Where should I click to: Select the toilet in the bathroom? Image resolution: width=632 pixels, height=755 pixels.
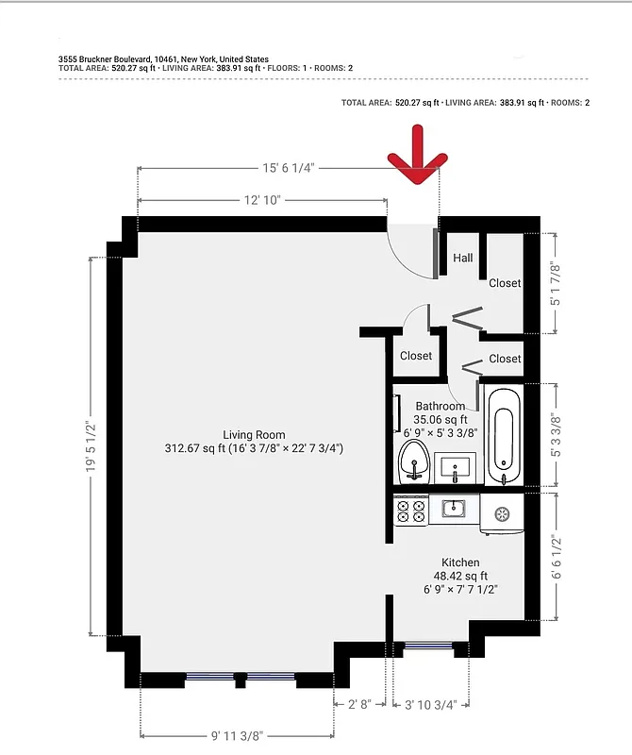click(411, 462)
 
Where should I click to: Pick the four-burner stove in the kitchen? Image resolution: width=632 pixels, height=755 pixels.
click(410, 511)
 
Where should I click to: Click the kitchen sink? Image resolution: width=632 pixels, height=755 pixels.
click(454, 510)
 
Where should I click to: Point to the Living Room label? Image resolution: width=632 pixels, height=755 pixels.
click(254, 434)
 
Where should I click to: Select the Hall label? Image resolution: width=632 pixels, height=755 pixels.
click(462, 258)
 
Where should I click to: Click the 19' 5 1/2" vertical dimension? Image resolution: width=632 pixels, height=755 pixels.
click(91, 446)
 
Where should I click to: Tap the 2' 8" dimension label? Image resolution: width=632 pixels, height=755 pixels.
click(360, 704)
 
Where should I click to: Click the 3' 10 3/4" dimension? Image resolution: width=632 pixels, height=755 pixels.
click(430, 704)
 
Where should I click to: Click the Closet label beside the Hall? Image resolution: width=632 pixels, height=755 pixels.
click(505, 283)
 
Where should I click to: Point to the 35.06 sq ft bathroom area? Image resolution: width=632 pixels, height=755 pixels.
click(441, 420)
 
